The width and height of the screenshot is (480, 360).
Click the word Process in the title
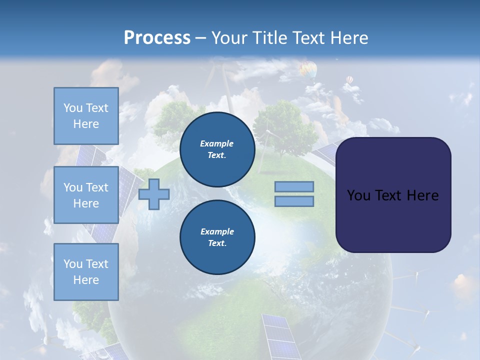[x=157, y=38]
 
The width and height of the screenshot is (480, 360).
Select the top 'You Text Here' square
[x=86, y=116]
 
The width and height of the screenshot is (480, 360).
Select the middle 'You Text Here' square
[x=86, y=195]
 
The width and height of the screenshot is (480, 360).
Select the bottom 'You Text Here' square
[x=86, y=271]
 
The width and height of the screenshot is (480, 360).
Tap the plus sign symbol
[x=154, y=194]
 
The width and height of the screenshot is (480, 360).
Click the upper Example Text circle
[x=217, y=149]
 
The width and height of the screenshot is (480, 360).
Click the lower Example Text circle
[x=217, y=237]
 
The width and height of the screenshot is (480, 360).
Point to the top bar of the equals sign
[x=294, y=186]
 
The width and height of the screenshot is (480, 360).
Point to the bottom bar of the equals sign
[x=294, y=201]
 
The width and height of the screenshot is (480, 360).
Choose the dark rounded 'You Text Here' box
[x=393, y=195]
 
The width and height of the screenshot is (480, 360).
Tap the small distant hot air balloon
[x=349, y=79]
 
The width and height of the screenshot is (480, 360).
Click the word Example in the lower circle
[x=217, y=231]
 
